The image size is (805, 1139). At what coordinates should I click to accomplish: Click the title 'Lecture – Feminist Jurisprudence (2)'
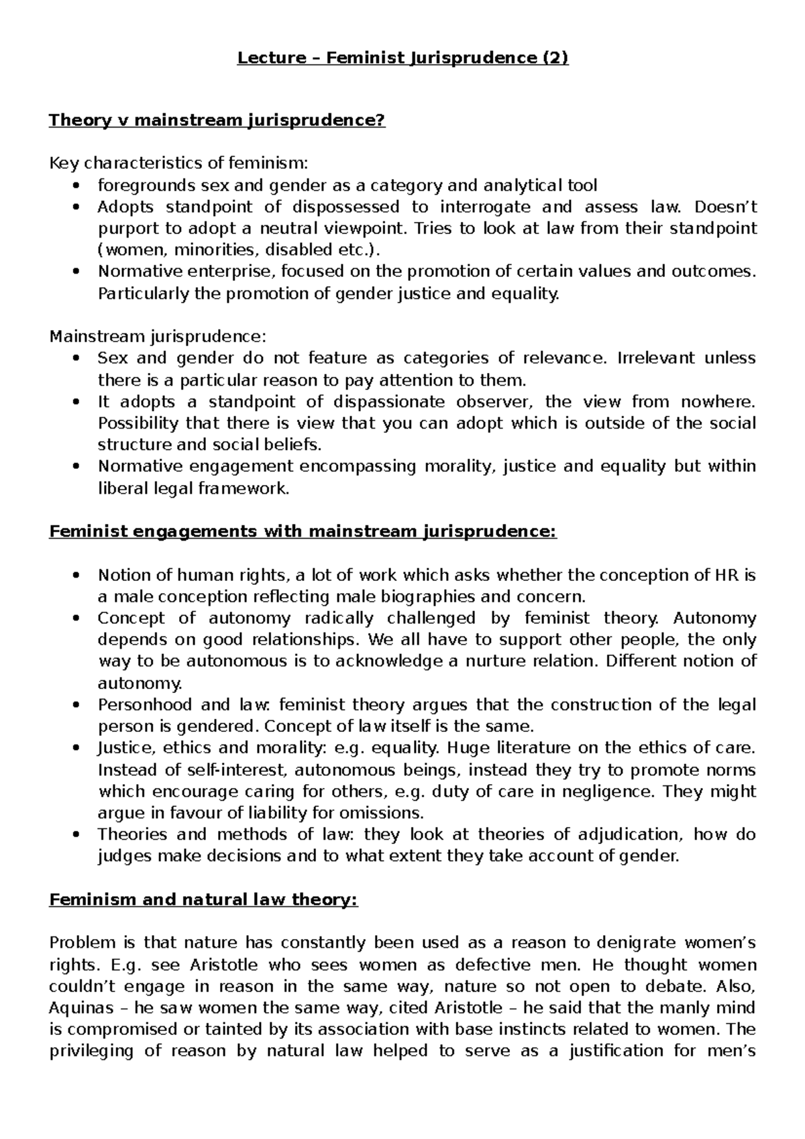pyautogui.click(x=402, y=58)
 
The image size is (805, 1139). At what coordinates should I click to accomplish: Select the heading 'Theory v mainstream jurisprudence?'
pyautogui.click(x=217, y=121)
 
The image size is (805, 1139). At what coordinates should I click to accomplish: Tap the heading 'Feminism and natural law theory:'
pyautogui.click(x=204, y=900)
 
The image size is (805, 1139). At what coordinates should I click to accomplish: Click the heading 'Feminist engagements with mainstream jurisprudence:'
pyautogui.click(x=303, y=532)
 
